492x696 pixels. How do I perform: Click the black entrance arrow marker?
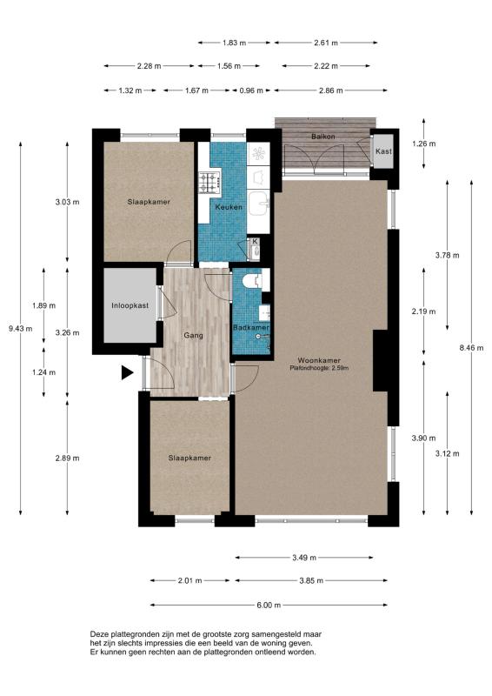[x=127, y=372]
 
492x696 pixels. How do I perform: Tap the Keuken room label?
[x=229, y=207]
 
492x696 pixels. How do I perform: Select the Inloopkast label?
[x=130, y=305]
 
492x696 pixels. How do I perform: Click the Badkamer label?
[x=251, y=328]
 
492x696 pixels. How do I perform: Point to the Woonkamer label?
[x=319, y=360]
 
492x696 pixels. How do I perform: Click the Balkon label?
[x=323, y=137]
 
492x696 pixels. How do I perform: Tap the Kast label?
[x=383, y=151]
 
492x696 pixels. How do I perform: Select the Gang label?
[x=194, y=336]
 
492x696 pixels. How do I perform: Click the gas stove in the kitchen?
[x=209, y=183]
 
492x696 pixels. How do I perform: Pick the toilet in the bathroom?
[x=254, y=280]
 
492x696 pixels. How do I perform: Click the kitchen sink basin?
[x=259, y=203]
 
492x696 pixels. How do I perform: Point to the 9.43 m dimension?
[x=20, y=329]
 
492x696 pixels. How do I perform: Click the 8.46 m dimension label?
[x=472, y=347]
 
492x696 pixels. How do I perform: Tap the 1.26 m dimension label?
[x=423, y=144]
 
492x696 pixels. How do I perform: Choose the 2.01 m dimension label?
[x=189, y=580]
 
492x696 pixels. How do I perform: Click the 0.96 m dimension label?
[x=251, y=90]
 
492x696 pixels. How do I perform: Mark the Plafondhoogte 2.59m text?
[x=319, y=368]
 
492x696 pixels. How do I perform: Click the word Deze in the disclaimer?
[x=99, y=634]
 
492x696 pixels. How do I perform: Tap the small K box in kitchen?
[x=255, y=242]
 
